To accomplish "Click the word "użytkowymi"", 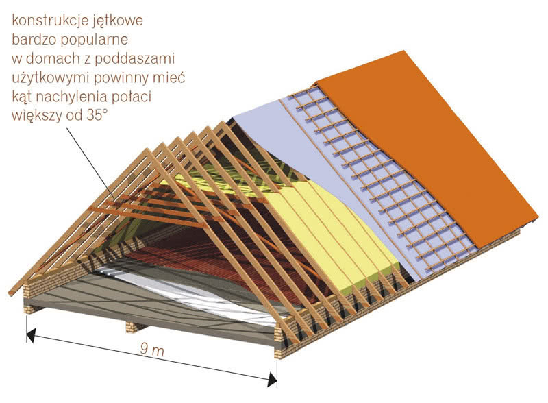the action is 50,78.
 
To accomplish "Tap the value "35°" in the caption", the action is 95,115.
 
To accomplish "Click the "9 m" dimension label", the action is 152,350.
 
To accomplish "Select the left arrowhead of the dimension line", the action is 31,334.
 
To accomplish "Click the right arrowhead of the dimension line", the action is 272,379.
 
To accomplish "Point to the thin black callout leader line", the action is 90,163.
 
